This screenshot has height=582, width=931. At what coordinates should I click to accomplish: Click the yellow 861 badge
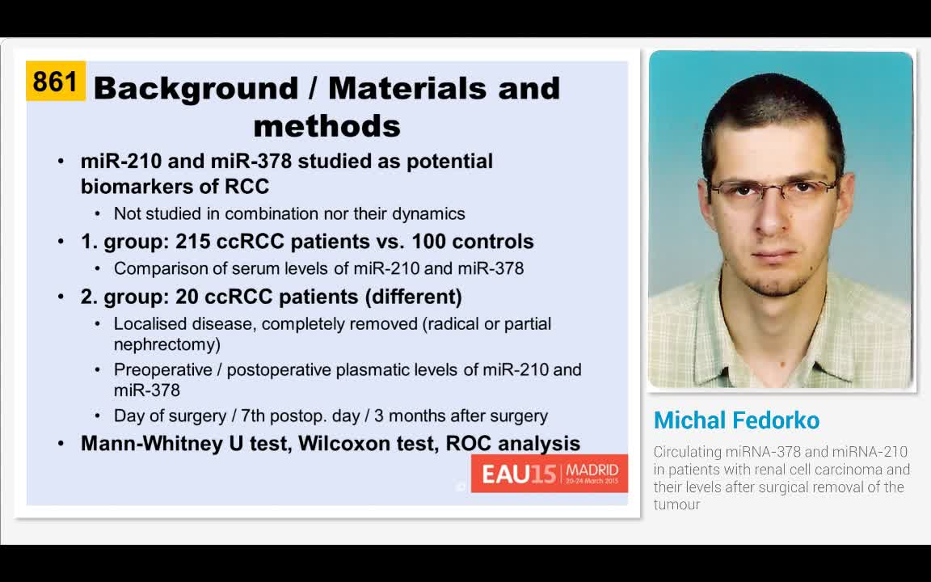[55, 82]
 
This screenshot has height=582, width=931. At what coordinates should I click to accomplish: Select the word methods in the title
[326, 126]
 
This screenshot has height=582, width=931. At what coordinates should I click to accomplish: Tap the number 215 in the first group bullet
[192, 242]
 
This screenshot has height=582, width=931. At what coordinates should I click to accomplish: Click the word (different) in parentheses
[413, 297]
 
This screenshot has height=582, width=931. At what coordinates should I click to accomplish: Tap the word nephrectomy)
[167, 344]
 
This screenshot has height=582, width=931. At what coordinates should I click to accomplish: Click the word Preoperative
[166, 370]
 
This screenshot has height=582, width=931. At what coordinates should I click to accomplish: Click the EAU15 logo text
[519, 474]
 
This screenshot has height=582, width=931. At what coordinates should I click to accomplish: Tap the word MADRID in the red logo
[592, 470]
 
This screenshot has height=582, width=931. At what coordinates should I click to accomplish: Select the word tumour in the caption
[676, 504]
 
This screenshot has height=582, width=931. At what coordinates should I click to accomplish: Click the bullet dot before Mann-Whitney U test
[62, 444]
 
